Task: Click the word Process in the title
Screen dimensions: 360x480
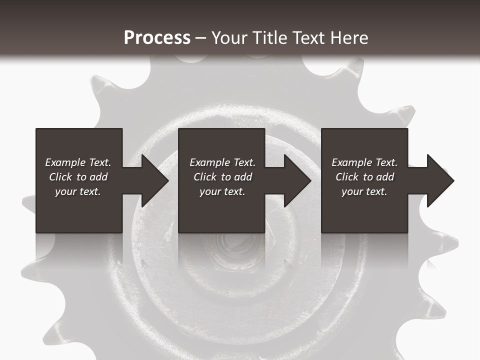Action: [157, 38]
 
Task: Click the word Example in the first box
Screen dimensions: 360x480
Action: [65, 162]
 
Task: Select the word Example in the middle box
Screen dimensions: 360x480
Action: [209, 162]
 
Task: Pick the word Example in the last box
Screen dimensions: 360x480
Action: [351, 162]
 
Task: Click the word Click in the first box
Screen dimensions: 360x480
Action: [60, 177]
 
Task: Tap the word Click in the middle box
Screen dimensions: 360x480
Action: [205, 177]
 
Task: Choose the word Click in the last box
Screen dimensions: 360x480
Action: [347, 177]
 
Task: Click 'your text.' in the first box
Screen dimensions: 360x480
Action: [78, 191]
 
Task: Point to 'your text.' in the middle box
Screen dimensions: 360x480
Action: [222, 191]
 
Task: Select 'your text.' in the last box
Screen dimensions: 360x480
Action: [364, 191]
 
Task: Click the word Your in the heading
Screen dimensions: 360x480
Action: [229, 38]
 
